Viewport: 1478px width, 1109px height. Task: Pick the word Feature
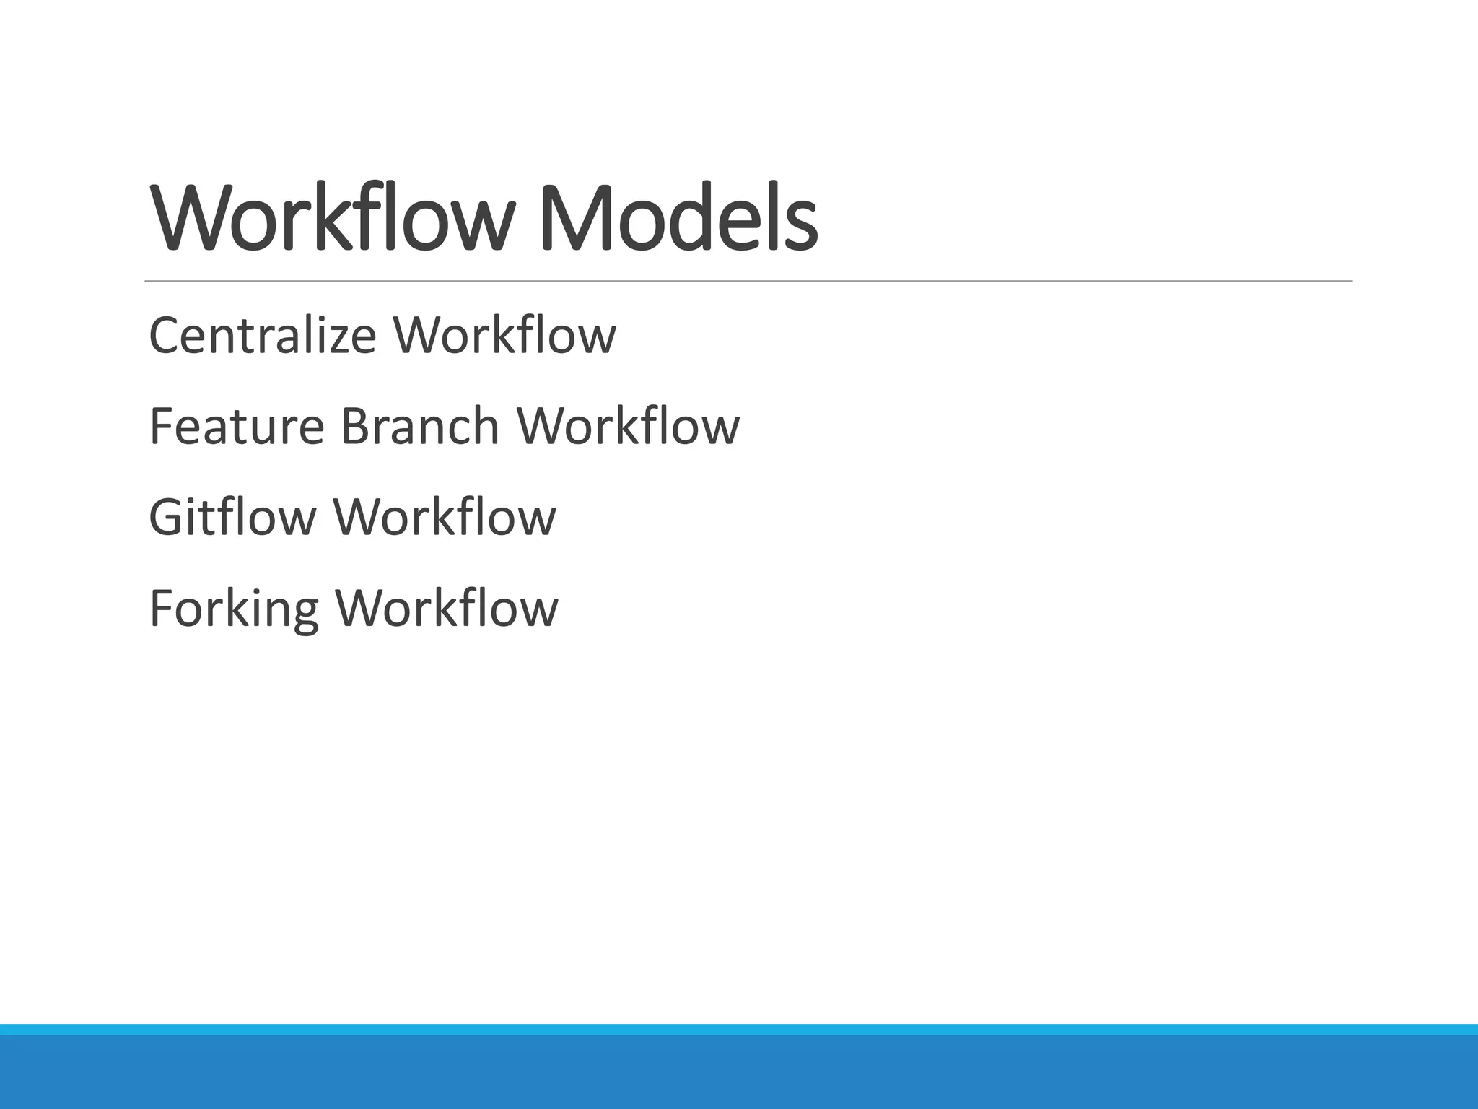click(237, 426)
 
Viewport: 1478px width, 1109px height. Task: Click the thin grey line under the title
click(748, 281)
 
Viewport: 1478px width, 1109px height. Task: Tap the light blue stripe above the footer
click(739, 1029)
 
